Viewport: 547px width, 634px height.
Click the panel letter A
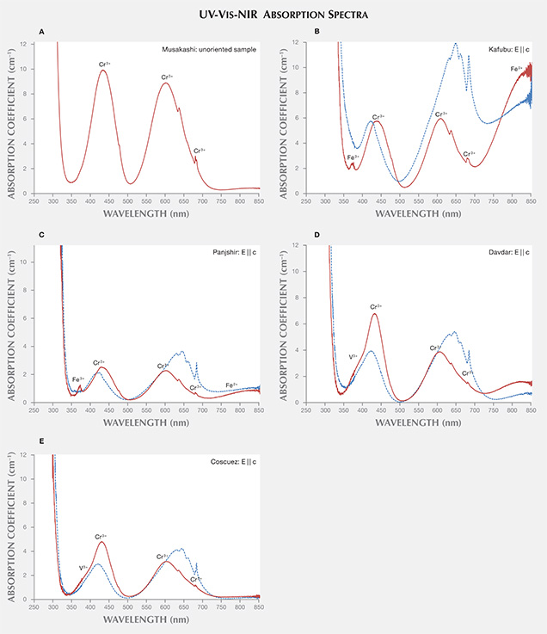point(41,32)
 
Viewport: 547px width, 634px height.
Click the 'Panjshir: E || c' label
point(232,250)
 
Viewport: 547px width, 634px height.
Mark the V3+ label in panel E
point(83,567)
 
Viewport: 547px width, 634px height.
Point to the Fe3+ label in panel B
point(353,157)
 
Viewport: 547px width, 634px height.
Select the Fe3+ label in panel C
point(77,379)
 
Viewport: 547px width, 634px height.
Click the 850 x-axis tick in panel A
point(259,200)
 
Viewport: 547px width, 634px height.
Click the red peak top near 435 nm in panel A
point(103,71)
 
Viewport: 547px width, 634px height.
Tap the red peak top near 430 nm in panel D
point(375,313)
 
